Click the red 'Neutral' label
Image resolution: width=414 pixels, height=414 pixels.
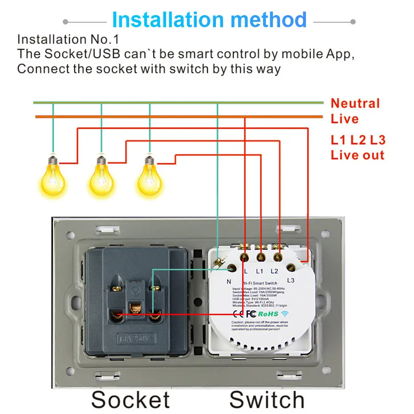(x=355, y=104)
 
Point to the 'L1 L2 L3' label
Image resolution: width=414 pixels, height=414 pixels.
(x=358, y=140)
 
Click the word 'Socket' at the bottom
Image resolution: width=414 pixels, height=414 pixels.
(x=130, y=399)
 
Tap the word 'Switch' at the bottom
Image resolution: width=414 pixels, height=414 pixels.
(x=267, y=399)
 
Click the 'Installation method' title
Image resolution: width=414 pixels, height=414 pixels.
(x=209, y=20)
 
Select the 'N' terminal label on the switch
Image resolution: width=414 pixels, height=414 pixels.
(x=229, y=281)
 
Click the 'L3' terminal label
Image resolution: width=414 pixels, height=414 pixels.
(x=291, y=280)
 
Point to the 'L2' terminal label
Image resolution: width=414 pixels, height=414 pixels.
(x=274, y=271)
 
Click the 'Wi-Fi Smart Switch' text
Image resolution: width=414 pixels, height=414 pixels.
(x=260, y=283)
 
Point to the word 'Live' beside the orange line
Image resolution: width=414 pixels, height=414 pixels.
(x=345, y=119)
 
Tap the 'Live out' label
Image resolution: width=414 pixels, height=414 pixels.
(x=357, y=155)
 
